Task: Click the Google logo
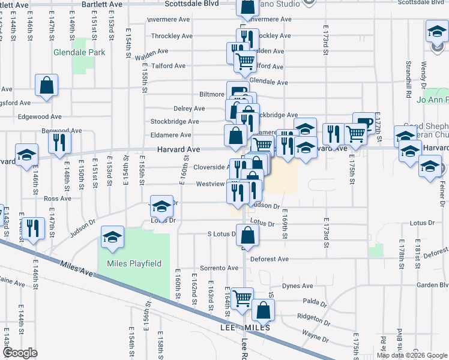click(x=20, y=353)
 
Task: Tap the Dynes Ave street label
click(x=298, y=286)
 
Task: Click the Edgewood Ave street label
click(x=40, y=117)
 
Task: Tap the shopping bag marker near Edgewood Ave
click(x=47, y=86)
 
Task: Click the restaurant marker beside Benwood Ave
click(x=59, y=142)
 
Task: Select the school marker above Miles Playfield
click(x=112, y=237)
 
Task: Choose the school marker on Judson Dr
click(x=161, y=207)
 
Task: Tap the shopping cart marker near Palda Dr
click(x=242, y=298)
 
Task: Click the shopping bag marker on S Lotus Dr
click(x=247, y=235)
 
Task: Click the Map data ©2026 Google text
click(x=412, y=355)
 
